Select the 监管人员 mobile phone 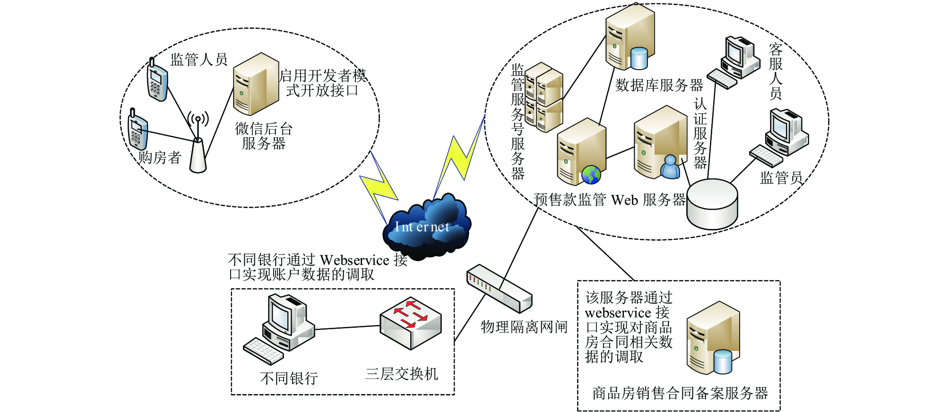click(x=157, y=80)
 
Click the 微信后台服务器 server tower click(x=256, y=84)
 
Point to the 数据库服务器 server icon click(x=630, y=37)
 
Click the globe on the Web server click(x=591, y=175)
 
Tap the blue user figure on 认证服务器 click(x=670, y=167)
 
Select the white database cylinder click(x=712, y=204)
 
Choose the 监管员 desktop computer click(x=779, y=137)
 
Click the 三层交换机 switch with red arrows click(x=411, y=324)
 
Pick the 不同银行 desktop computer click(x=279, y=329)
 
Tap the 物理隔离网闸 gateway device click(x=500, y=289)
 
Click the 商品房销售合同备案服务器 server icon click(x=713, y=338)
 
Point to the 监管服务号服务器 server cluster click(x=544, y=97)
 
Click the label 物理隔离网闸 click(x=524, y=327)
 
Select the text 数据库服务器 click(x=659, y=85)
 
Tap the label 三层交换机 click(x=402, y=374)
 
